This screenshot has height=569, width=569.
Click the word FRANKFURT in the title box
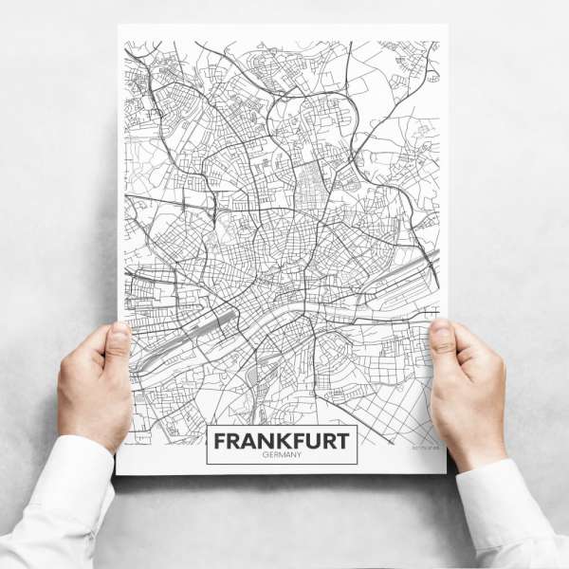coord(282,441)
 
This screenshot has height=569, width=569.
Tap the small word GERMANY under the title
coord(282,456)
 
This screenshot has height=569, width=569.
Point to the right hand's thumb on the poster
coord(446,340)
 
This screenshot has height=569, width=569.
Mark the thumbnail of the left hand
coord(120,331)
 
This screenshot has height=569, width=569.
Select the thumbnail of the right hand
coord(441,328)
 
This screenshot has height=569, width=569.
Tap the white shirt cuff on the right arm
coord(503,498)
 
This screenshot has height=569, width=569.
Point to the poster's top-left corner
coord(118,26)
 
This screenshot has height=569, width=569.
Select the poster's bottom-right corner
coord(446,471)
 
